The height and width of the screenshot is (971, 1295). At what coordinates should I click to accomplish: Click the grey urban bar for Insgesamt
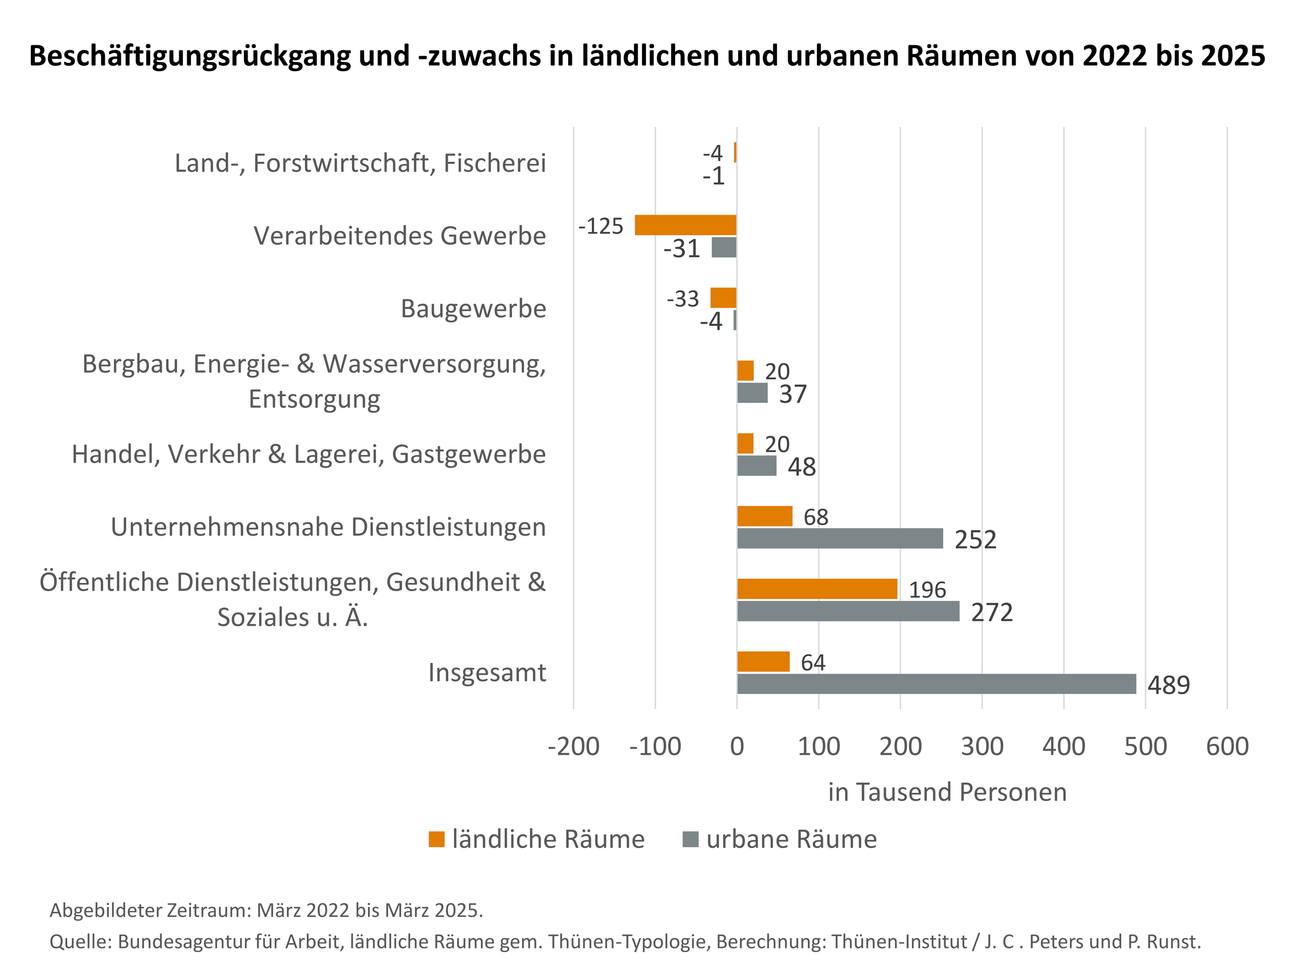pyautogui.click(x=936, y=683)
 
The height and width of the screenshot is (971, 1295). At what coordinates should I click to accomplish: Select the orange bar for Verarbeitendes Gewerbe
pyautogui.click(x=686, y=225)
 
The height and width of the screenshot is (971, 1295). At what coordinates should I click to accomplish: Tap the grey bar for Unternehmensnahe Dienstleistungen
pyautogui.click(x=840, y=538)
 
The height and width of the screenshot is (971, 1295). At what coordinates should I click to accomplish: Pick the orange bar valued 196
pyautogui.click(x=817, y=589)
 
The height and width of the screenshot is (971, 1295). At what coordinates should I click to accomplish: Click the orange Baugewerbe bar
pyautogui.click(x=723, y=298)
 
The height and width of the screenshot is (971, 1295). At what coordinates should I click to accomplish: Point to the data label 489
pyautogui.click(x=1169, y=686)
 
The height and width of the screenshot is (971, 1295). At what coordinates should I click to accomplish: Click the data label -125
pyautogui.click(x=601, y=226)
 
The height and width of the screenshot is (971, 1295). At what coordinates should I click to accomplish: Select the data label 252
pyautogui.click(x=976, y=539)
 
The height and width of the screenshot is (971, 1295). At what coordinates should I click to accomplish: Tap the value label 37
pyautogui.click(x=793, y=394)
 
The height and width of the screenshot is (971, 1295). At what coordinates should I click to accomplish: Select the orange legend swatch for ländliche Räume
pyautogui.click(x=436, y=839)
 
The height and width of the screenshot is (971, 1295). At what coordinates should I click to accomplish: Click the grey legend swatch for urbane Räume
pyautogui.click(x=691, y=839)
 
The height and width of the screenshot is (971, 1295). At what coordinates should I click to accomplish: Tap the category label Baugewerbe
pyautogui.click(x=473, y=309)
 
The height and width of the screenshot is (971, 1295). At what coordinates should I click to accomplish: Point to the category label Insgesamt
pyautogui.click(x=487, y=673)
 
